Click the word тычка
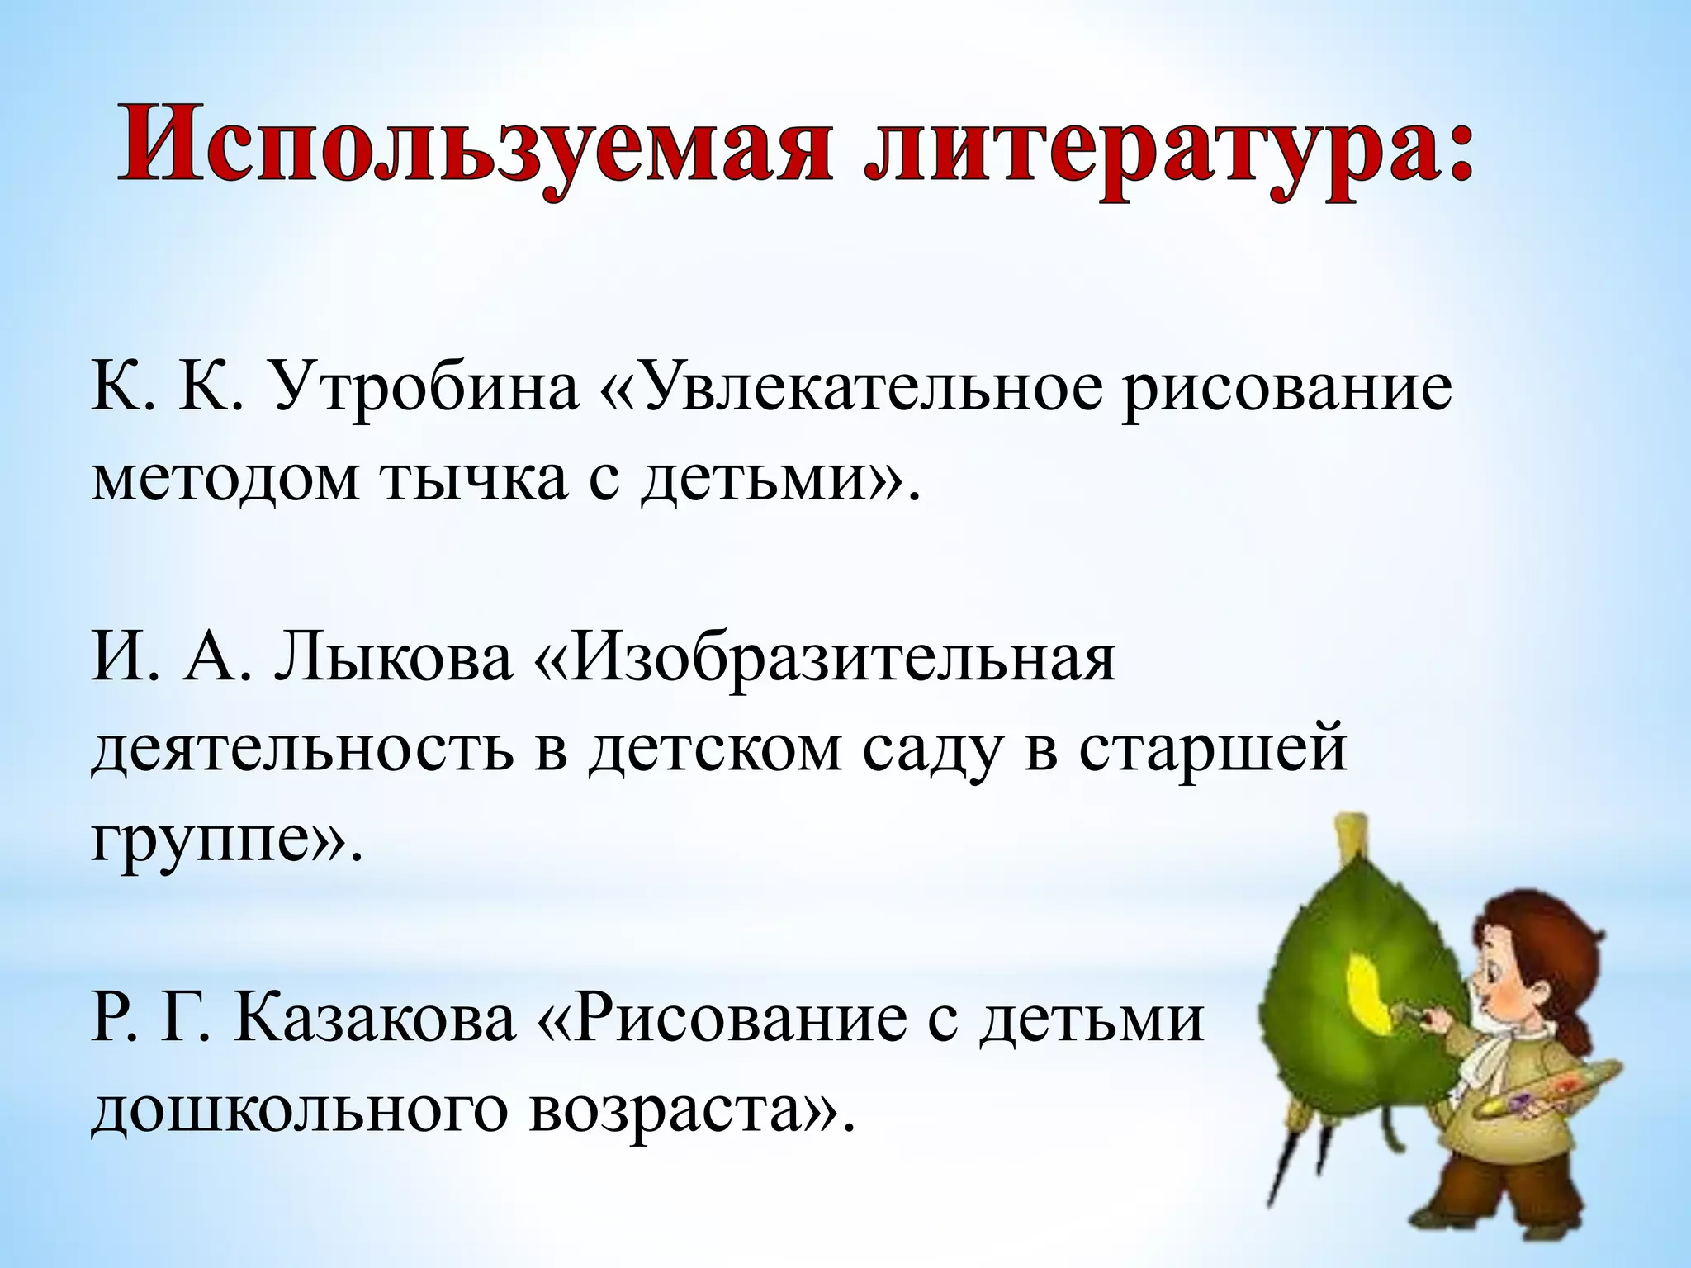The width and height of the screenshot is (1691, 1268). [474, 479]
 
